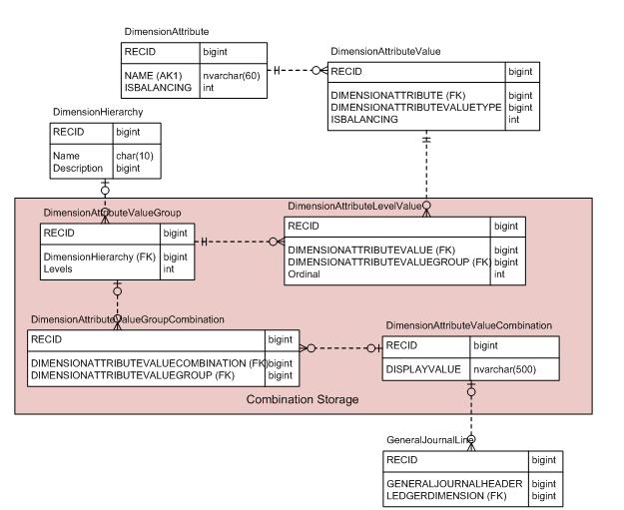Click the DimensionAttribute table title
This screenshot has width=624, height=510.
pos(167,33)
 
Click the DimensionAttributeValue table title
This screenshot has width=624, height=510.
pos(385,51)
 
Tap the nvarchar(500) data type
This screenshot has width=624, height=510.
pos(505,369)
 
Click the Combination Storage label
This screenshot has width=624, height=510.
pos(302,399)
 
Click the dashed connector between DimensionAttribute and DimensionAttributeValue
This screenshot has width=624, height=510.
pos(297,70)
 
